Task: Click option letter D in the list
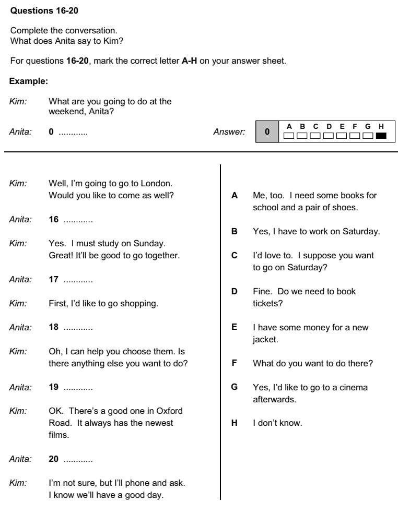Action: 235,291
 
